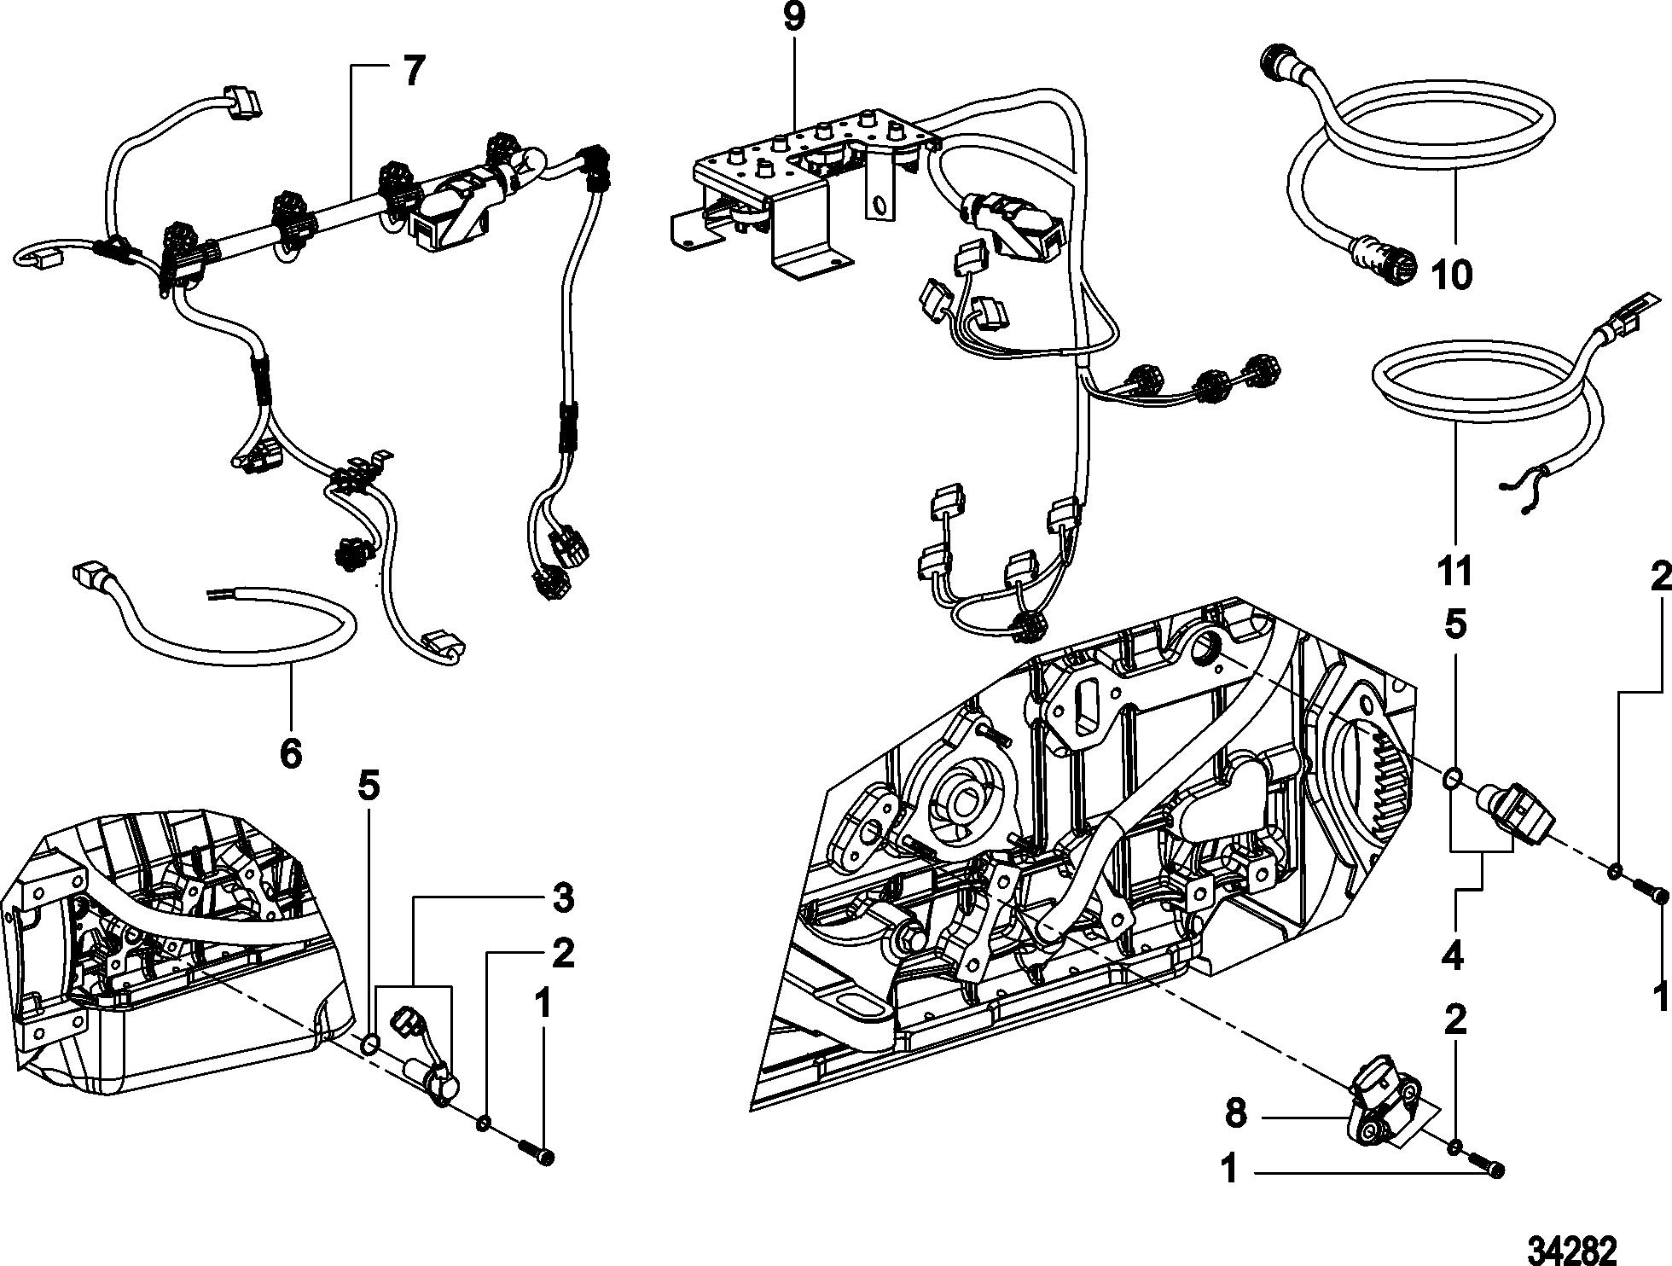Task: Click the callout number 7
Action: (412, 73)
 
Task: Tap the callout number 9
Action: (793, 19)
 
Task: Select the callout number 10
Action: (1451, 275)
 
